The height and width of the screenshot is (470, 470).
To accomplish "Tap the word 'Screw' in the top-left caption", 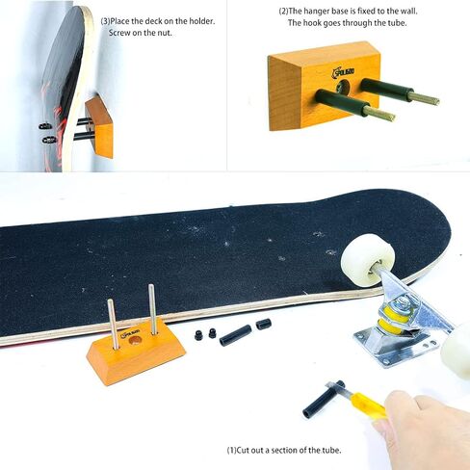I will [116, 35].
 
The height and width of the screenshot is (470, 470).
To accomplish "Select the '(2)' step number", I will [285, 11].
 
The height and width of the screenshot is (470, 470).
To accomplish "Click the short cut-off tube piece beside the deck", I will [263, 325].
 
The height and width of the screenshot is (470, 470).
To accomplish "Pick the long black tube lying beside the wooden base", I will [234, 335].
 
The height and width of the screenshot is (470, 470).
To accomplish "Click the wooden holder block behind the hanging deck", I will [99, 127].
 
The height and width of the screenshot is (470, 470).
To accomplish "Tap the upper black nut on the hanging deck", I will [45, 125].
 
